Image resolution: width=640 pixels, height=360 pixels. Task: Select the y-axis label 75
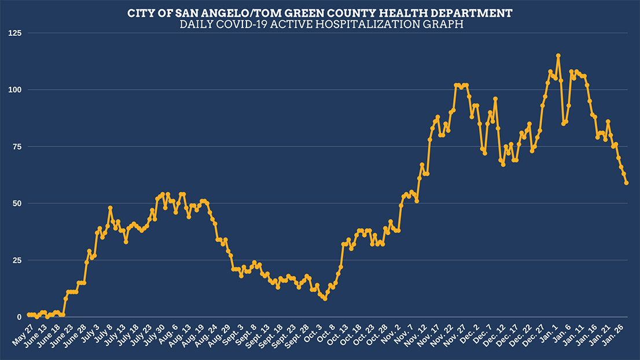[x=15, y=147]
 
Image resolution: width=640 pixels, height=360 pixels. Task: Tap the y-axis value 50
[x=15, y=204]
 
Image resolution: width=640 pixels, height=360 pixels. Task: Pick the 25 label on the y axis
[x=15, y=260]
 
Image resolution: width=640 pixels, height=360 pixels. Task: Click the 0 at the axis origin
[x=18, y=317]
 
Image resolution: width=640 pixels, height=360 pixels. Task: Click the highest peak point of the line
[x=558, y=56]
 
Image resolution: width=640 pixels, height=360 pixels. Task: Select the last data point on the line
[x=627, y=183]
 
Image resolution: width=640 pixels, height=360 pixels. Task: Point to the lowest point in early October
[x=325, y=299]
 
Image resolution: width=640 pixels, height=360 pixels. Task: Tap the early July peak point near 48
[x=110, y=208]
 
